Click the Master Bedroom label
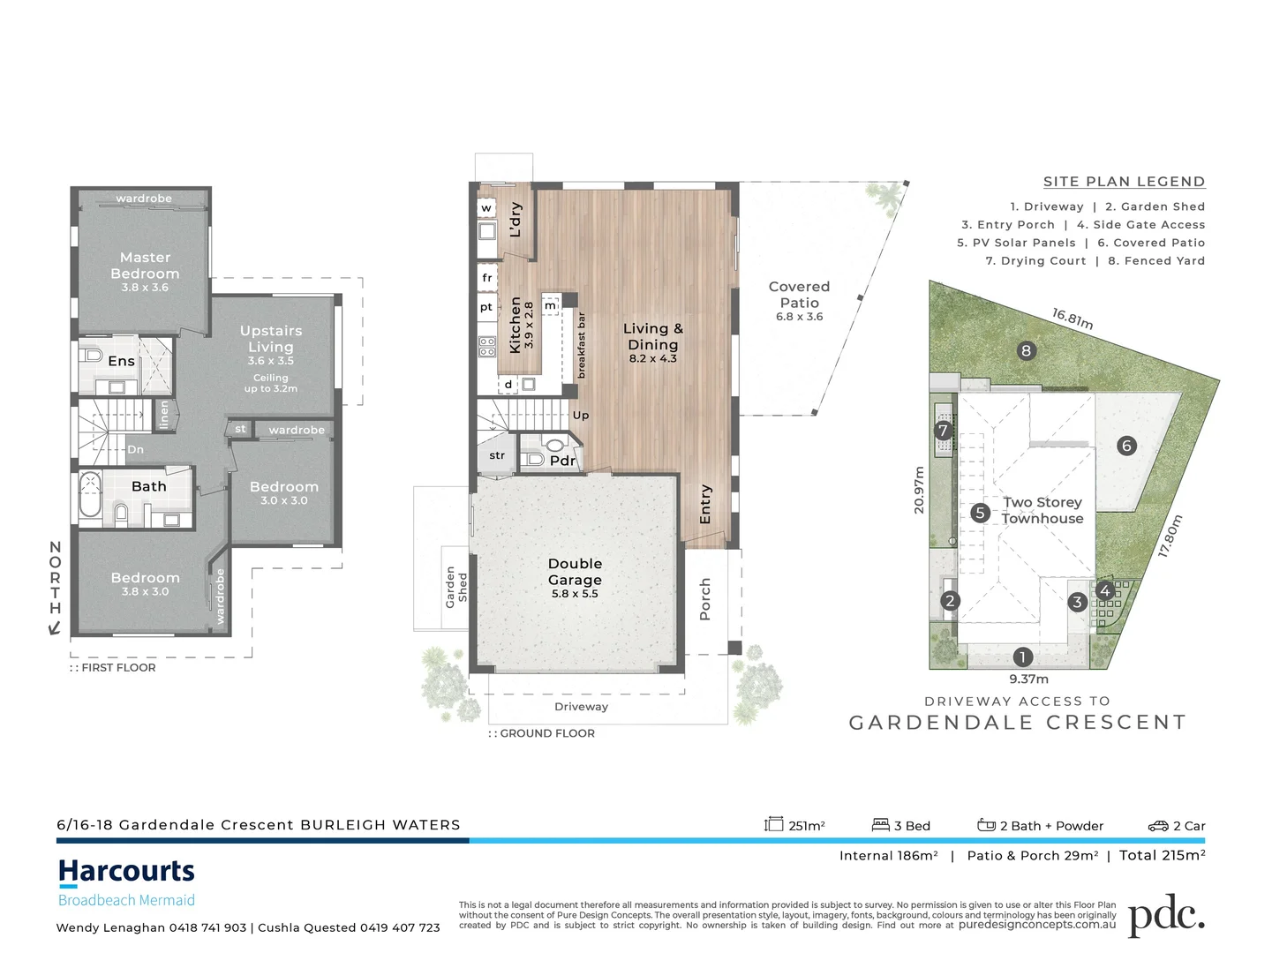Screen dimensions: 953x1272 145,266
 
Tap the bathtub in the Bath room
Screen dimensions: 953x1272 90,495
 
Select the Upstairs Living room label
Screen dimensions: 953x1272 271,339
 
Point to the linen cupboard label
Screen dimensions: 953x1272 163,415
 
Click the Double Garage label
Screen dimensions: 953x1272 575,572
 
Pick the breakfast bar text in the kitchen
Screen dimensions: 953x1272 581,345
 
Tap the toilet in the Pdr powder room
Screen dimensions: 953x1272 554,446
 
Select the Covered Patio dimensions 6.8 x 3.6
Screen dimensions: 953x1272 799,317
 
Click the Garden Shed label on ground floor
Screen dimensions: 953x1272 455,588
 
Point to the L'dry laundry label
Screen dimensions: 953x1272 516,220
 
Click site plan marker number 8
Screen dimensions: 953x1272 1026,351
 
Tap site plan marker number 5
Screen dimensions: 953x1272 980,513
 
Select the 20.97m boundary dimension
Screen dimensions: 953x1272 919,490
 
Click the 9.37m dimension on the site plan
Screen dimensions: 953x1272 1028,679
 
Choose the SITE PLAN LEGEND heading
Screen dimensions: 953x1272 1123,182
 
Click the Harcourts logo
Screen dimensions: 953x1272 126,872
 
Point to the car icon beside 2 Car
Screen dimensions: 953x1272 1157,826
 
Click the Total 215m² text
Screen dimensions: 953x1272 1162,855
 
